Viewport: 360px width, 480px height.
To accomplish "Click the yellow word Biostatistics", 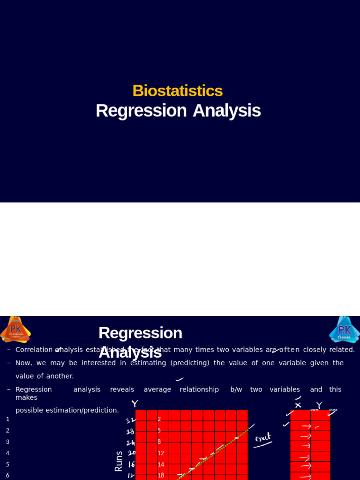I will [x=177, y=90].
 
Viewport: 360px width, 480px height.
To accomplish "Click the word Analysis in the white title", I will [x=226, y=111].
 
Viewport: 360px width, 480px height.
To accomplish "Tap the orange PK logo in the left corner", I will [x=15, y=329].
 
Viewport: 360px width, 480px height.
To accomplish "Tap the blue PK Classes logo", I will [x=344, y=330].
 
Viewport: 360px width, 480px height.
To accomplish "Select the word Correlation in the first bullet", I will [x=34, y=350].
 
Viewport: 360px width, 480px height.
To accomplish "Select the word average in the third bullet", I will [x=157, y=390].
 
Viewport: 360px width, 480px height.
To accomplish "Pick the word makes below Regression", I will [x=26, y=397].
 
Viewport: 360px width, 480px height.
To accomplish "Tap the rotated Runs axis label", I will [x=119, y=461].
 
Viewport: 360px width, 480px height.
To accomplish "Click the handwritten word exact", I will [x=263, y=439].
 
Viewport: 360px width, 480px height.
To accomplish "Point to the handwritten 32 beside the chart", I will [x=130, y=420].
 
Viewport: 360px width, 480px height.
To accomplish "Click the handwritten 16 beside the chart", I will [x=131, y=465].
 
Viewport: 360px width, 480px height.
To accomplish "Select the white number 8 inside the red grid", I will [x=159, y=442].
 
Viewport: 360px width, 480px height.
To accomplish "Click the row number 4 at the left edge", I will [x=7, y=453].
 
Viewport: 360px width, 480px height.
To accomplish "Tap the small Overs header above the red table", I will [x=314, y=410].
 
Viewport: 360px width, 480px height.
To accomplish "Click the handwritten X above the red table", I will [x=298, y=405].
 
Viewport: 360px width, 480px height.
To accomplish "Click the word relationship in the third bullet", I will [x=199, y=390].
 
